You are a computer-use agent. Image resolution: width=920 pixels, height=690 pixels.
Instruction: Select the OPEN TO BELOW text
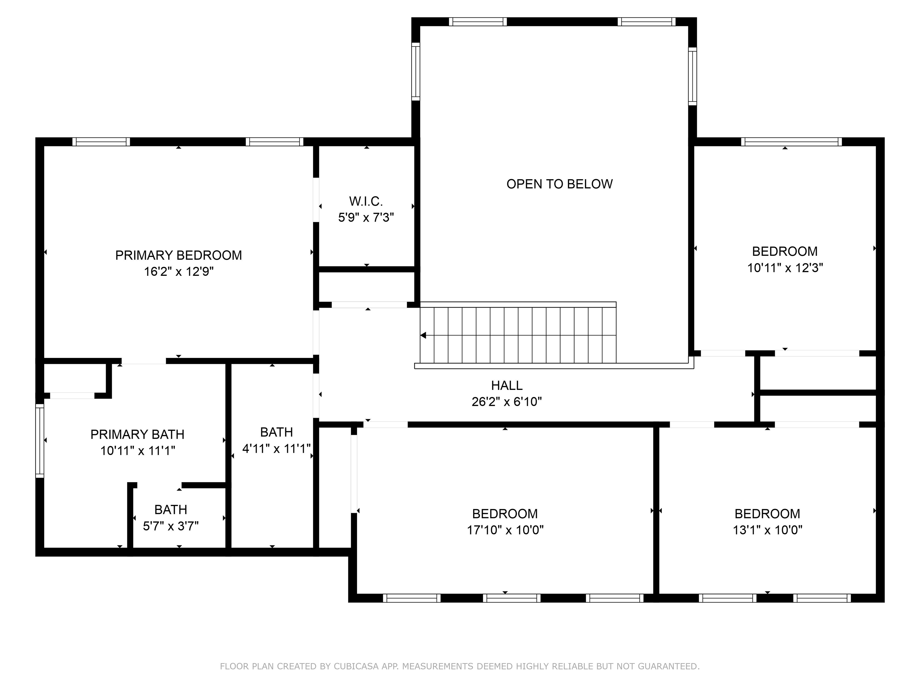click(x=559, y=184)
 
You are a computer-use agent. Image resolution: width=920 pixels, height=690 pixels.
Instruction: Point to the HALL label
click(x=507, y=385)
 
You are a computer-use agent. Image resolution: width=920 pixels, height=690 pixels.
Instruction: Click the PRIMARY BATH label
click(x=137, y=434)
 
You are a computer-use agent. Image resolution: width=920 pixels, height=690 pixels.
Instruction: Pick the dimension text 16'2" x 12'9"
click(x=179, y=272)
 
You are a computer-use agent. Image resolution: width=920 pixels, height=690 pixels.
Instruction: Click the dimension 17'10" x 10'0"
click(x=505, y=530)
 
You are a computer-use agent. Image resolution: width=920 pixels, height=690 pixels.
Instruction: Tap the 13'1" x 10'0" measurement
click(x=767, y=530)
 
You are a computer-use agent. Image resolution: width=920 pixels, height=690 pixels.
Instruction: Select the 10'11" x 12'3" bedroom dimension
click(x=785, y=268)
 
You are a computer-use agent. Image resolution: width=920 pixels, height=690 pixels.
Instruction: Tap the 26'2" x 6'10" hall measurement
click(x=507, y=402)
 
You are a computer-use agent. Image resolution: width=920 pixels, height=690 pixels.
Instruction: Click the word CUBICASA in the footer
click(x=356, y=666)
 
